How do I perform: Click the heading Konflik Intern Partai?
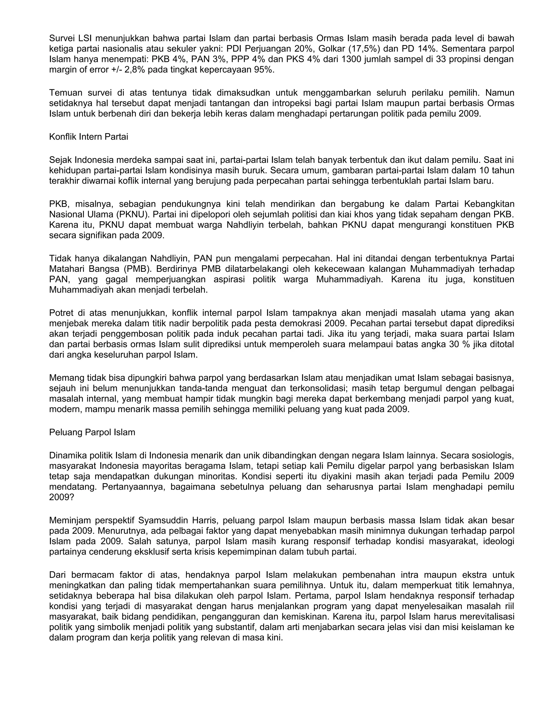coord(88,137)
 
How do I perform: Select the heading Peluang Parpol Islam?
coord(92,432)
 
